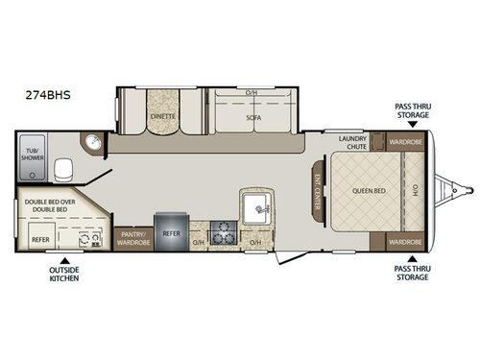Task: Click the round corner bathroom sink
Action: click(x=93, y=143)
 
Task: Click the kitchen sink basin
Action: click(x=257, y=205)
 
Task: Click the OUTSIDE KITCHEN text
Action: click(x=63, y=276)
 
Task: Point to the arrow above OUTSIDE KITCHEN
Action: click(x=63, y=259)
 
